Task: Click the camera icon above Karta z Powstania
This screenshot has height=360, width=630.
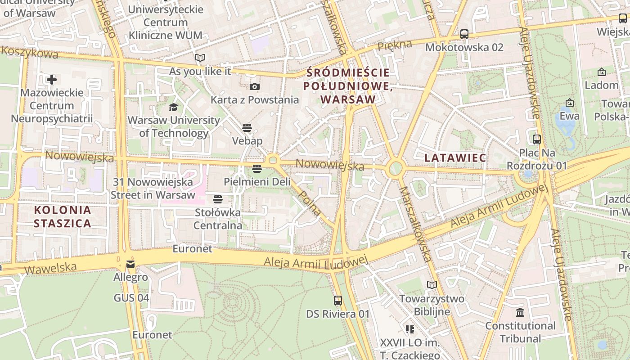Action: tap(254, 86)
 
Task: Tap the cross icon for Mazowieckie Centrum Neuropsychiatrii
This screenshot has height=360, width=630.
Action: tap(52, 80)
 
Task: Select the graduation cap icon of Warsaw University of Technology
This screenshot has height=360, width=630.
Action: tap(173, 107)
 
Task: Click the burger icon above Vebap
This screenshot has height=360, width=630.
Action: tap(247, 127)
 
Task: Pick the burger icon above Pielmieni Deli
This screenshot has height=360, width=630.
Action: tap(257, 169)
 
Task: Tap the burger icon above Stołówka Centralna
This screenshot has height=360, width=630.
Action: tap(218, 199)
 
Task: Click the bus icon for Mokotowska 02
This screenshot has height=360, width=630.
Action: tap(464, 34)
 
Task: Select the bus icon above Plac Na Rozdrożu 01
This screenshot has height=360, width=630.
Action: tap(536, 139)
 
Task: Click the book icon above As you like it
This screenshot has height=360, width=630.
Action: tap(200, 58)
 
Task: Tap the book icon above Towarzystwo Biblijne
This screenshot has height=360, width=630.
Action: tap(432, 285)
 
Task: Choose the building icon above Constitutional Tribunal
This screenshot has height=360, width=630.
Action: tap(520, 312)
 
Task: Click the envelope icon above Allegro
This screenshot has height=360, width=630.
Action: tap(130, 264)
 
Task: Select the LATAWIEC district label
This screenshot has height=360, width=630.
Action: tap(455, 158)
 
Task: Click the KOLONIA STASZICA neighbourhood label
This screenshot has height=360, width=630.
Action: tap(62, 216)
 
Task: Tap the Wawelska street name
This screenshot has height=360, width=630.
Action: tap(50, 269)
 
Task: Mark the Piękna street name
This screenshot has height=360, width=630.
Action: tap(395, 45)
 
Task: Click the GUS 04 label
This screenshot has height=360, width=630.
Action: tap(131, 298)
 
